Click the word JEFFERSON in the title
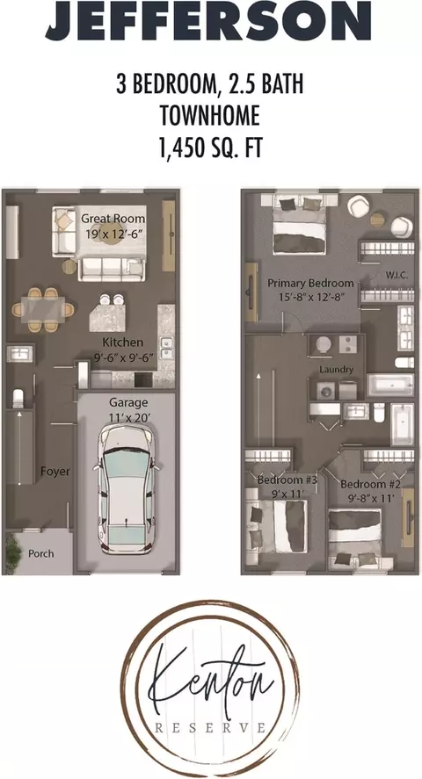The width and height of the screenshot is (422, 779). (x=208, y=21)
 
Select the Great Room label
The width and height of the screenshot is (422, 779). (x=113, y=219)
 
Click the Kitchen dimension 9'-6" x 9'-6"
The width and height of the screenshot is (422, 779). (x=122, y=356)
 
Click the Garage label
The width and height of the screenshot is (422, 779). (x=128, y=402)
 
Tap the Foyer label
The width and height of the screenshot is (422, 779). (x=55, y=472)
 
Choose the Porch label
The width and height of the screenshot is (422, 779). (x=41, y=553)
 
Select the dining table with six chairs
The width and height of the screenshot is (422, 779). (x=43, y=309)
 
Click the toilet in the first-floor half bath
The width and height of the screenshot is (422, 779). (x=18, y=399)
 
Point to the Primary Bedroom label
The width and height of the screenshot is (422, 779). (x=310, y=283)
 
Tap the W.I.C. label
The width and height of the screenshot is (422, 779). (x=397, y=275)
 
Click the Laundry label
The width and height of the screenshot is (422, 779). (x=337, y=369)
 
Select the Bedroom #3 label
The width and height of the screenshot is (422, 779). (x=287, y=480)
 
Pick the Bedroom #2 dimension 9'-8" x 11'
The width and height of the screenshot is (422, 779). (x=370, y=498)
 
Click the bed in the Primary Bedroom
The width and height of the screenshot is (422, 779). (x=300, y=225)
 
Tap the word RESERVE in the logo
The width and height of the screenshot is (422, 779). (x=210, y=728)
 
